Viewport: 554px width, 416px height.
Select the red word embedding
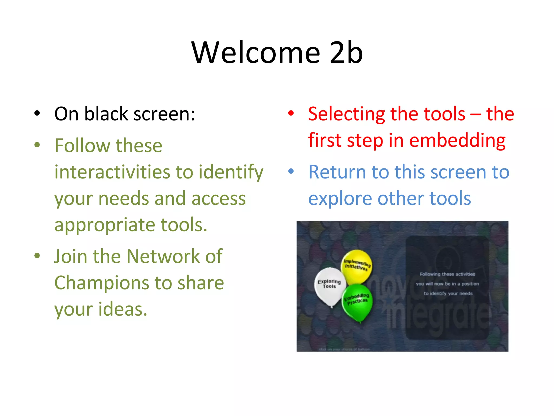pos(457,141)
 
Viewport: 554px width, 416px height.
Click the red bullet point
pos(291,113)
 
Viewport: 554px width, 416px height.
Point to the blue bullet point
pos(291,171)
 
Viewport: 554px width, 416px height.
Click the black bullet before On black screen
pos(37,113)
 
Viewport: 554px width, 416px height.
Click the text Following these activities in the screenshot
pos(447,274)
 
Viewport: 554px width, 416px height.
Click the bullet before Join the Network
pos(37,256)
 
